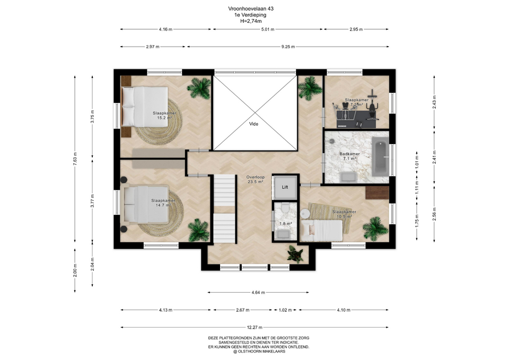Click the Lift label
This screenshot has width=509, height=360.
285,187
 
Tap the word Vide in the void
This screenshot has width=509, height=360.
253,124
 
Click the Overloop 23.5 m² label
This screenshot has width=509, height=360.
256,180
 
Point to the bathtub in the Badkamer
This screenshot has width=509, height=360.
380,156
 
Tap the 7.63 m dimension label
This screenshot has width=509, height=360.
75,159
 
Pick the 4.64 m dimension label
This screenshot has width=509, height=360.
258,293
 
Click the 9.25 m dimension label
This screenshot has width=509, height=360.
288,47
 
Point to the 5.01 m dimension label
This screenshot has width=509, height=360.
267,29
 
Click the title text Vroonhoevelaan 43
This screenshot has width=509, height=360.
248,9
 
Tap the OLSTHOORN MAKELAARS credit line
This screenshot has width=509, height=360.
259,351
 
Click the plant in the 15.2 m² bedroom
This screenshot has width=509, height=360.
199,88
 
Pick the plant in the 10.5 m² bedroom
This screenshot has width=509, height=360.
375,228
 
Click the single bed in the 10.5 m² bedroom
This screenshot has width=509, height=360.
321,231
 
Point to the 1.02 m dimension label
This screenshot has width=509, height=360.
285,310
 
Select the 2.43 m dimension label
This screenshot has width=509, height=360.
434,102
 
